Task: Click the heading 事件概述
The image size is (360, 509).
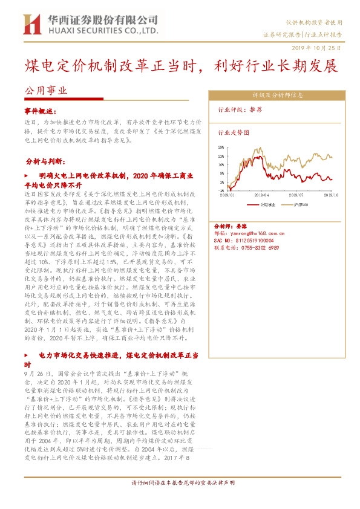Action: [41, 112]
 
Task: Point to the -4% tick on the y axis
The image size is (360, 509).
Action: [220, 191]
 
